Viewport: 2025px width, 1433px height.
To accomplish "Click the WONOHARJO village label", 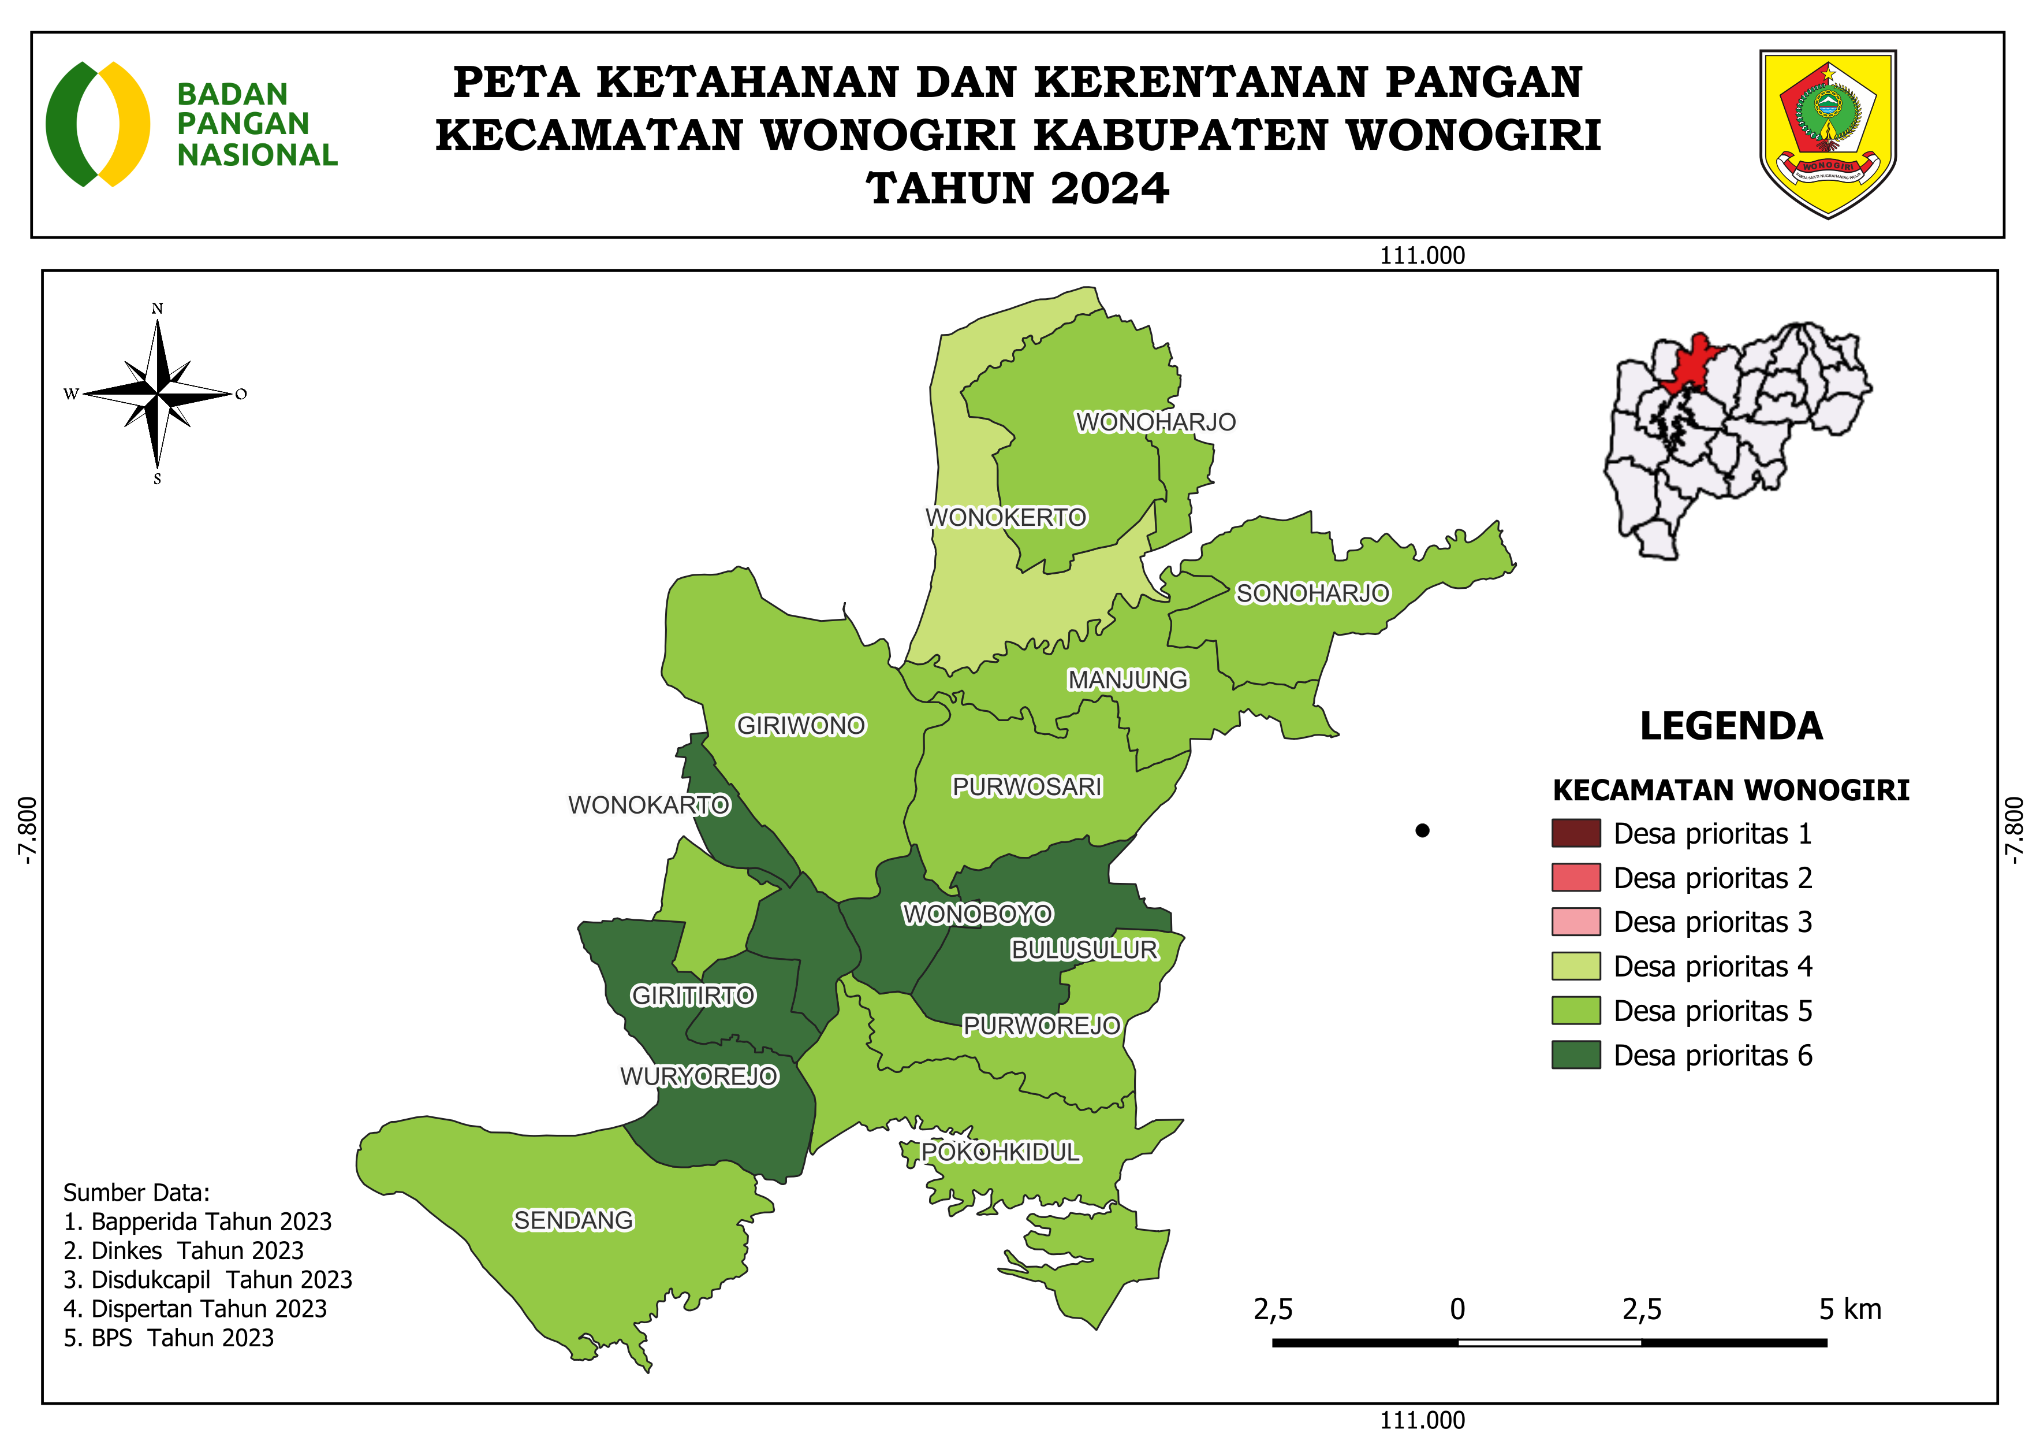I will tap(1155, 422).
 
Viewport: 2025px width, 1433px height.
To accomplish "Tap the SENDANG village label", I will tap(573, 1220).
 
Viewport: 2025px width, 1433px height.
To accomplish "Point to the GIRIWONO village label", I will tap(801, 725).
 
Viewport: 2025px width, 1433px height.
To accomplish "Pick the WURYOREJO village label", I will tap(699, 1076).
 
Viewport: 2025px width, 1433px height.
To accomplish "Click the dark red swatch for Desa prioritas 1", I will tap(1575, 833).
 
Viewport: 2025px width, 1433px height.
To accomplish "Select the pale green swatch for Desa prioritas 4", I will tap(1575, 966).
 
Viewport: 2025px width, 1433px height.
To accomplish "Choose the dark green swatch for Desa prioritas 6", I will tap(1575, 1055).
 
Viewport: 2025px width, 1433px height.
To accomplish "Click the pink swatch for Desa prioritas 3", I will tap(1575, 922).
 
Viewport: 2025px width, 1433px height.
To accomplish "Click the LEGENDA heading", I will tap(1731, 726).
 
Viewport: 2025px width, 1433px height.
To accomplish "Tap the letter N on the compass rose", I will tap(157, 309).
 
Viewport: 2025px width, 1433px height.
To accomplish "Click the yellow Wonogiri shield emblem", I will tap(1828, 132).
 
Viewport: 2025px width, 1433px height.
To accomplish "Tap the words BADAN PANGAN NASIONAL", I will tap(256, 124).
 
